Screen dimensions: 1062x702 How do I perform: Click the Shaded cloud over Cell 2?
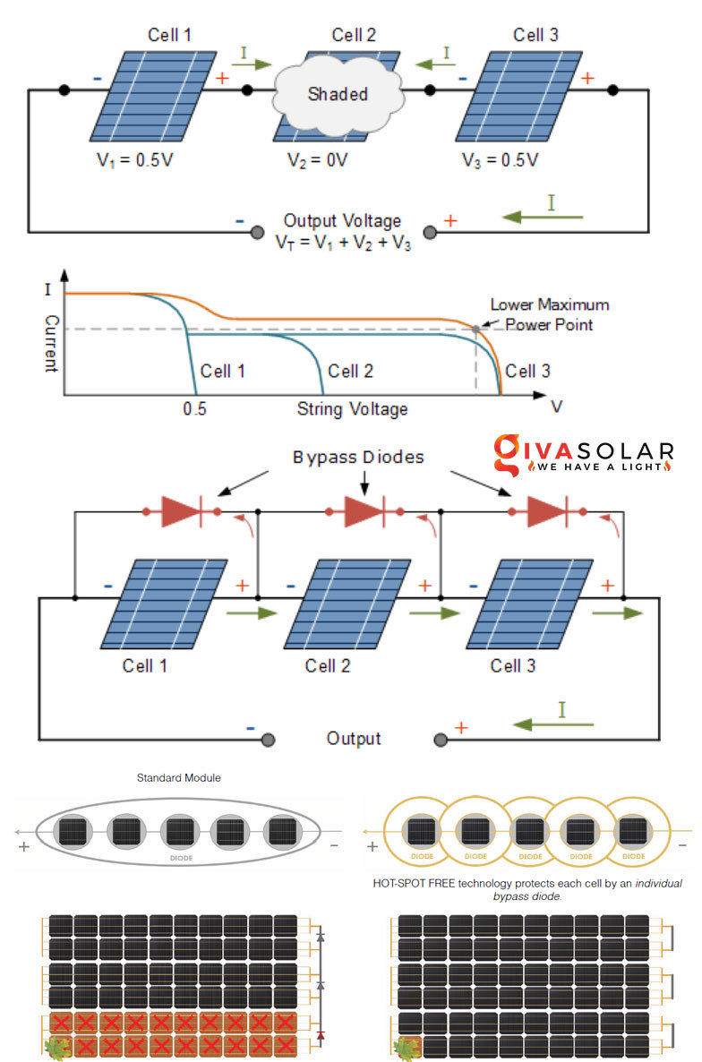click(x=337, y=92)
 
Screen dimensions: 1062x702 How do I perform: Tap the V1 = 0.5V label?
click(x=135, y=161)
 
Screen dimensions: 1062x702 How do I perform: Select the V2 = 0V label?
click(x=317, y=161)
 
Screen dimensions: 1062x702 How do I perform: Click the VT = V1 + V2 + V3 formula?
click(x=343, y=242)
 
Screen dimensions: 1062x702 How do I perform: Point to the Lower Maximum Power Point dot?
click(x=475, y=330)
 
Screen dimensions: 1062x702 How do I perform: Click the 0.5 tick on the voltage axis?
click(x=194, y=408)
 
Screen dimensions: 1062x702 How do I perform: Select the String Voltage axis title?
click(x=352, y=408)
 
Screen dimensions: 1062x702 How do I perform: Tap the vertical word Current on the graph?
click(x=51, y=343)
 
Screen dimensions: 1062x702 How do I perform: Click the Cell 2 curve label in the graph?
click(x=350, y=371)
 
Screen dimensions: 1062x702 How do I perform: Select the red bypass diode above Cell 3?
click(x=546, y=512)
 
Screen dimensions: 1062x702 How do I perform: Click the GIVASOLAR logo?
click(x=583, y=453)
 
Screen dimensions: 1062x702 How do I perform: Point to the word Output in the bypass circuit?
click(x=354, y=739)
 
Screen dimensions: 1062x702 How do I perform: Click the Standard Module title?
click(x=178, y=778)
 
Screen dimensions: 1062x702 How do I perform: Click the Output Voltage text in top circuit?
click(x=343, y=221)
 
